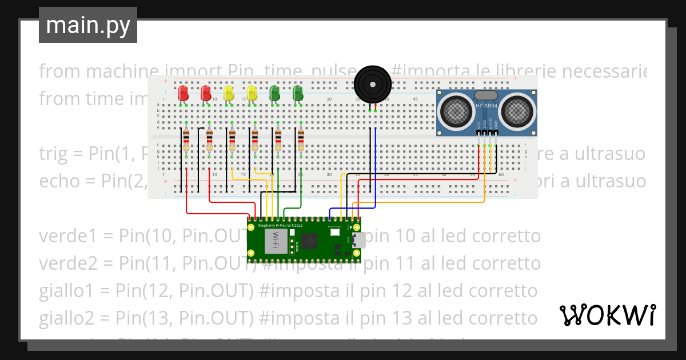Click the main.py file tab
pyautogui.click(x=87, y=26)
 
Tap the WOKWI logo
pyautogui.click(x=607, y=315)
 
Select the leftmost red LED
pyautogui.click(x=183, y=93)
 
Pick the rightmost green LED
pyautogui.click(x=297, y=93)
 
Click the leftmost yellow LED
pyautogui.click(x=229, y=93)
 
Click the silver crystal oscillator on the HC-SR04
pyautogui.click(x=486, y=95)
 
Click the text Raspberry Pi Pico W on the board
pyautogui.click(x=280, y=226)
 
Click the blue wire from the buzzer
pyautogui.click(x=375, y=171)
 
